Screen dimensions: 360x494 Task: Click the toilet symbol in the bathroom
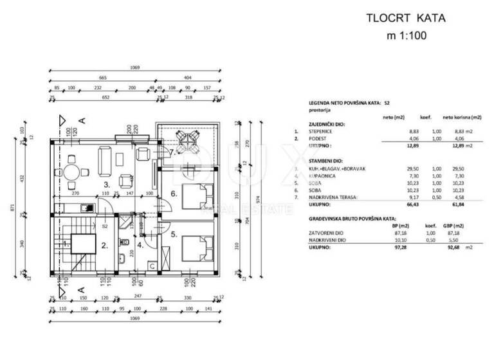(122, 260)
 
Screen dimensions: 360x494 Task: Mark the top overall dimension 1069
(134, 68)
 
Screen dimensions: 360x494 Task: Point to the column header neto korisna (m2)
(459, 118)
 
